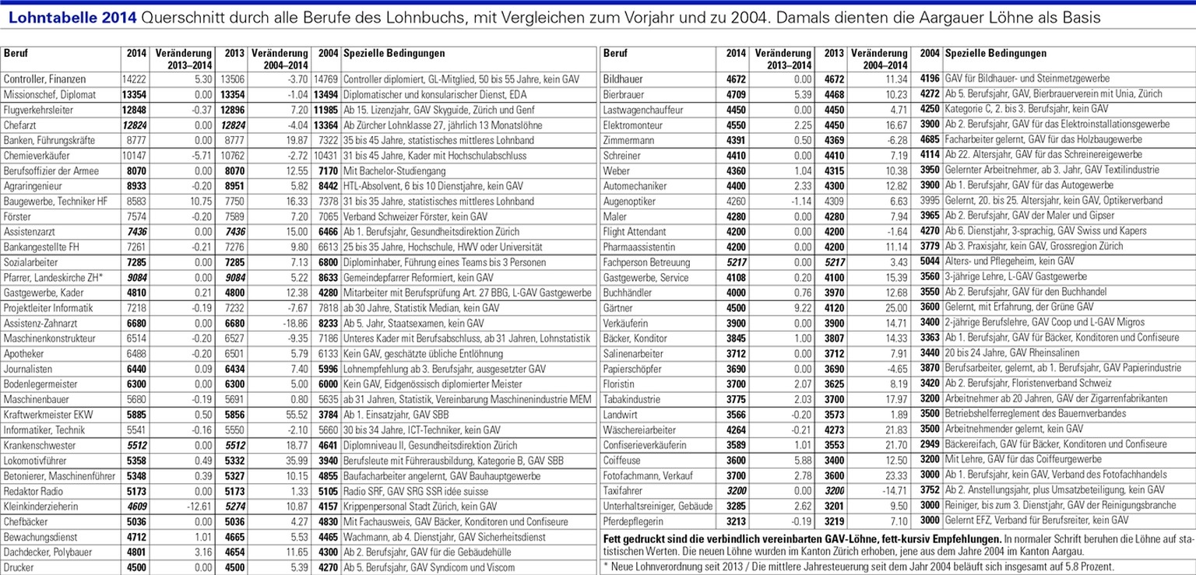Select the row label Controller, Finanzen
pyautogui.click(x=44, y=79)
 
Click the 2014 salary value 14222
pyautogui.click(x=133, y=79)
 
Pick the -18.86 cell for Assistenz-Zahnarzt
pyautogui.click(x=282, y=323)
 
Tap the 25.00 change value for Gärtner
pyautogui.click(x=894, y=307)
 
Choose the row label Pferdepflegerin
pyautogui.click(x=637, y=521)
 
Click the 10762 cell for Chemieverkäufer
pyautogui.click(x=229, y=155)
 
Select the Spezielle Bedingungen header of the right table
pyautogui.click(x=995, y=54)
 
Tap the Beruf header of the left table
pyautogui.click(x=16, y=54)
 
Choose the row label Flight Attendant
pyautogui.click(x=635, y=231)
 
